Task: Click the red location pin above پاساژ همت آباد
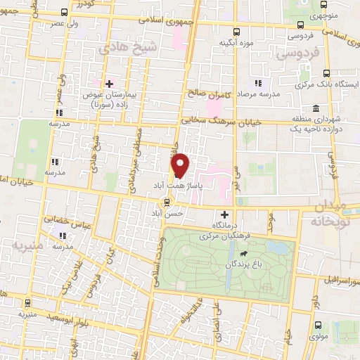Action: click(181, 165)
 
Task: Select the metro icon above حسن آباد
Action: click(166, 202)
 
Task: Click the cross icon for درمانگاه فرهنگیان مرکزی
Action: click(225, 214)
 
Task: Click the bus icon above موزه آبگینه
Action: click(237, 32)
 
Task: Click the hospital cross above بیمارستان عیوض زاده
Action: click(109, 84)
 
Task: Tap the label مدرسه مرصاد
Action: click(258, 93)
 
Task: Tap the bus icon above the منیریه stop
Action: click(27, 303)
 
